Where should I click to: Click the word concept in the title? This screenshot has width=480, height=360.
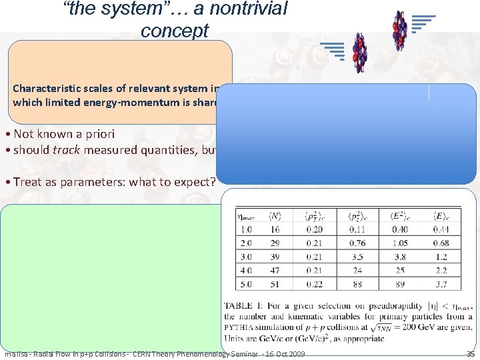point(175,31)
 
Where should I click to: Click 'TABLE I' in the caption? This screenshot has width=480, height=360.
point(243,306)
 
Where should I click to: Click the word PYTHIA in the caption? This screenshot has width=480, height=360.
point(242,327)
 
